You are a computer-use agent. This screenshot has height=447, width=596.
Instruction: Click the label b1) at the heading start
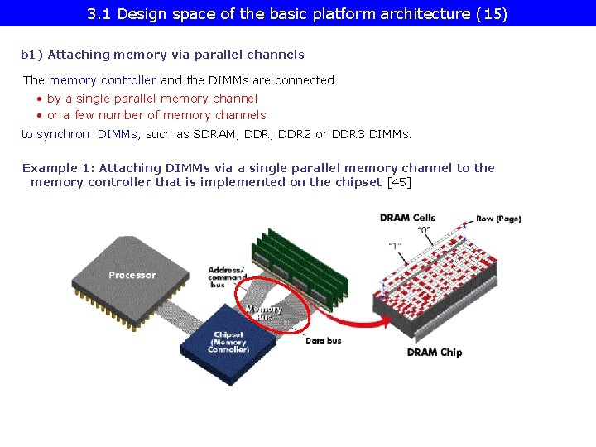31,55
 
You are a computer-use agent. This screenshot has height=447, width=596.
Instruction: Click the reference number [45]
399,182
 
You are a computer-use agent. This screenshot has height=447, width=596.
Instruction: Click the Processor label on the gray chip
132,275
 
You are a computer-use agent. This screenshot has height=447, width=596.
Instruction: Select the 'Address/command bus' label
226,276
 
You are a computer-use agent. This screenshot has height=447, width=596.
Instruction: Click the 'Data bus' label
323,341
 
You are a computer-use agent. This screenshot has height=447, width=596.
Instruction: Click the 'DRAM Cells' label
407,218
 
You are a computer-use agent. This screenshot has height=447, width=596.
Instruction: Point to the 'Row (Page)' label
498,219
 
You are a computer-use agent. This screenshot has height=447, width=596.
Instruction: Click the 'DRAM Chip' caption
435,353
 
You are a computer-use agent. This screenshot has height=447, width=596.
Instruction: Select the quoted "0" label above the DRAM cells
423,229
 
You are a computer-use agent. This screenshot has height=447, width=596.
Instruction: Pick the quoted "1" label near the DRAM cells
397,246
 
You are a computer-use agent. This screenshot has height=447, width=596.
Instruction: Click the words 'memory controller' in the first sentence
103,80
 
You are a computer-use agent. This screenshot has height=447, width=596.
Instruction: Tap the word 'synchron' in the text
63,134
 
